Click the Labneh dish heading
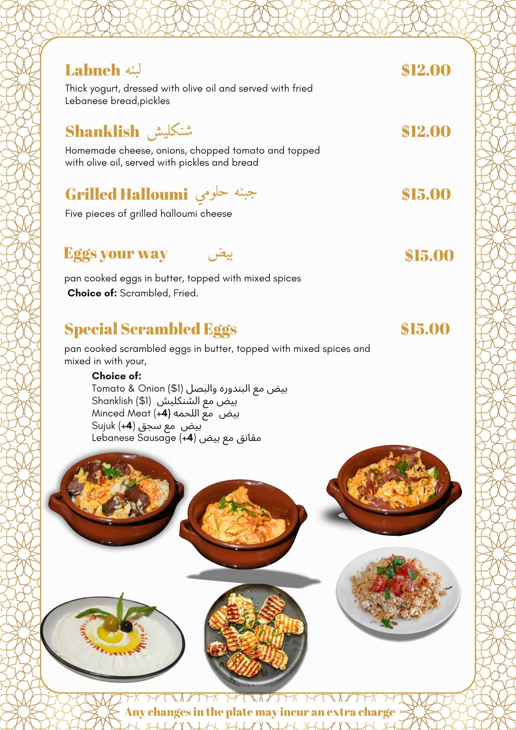pos(93,70)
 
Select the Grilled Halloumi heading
pos(126,195)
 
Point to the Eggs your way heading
pos(115,254)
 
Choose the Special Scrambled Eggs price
pos(425,329)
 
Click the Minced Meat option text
pos(121,414)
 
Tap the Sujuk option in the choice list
pos(104,426)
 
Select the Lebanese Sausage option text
pos(134,438)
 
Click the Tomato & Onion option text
pos(128,389)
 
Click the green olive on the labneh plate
pos(111,622)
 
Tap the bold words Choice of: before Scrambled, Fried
pos(92,293)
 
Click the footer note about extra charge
pos(259,712)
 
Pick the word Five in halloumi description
pos(74,214)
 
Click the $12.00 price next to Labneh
pos(426,70)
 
